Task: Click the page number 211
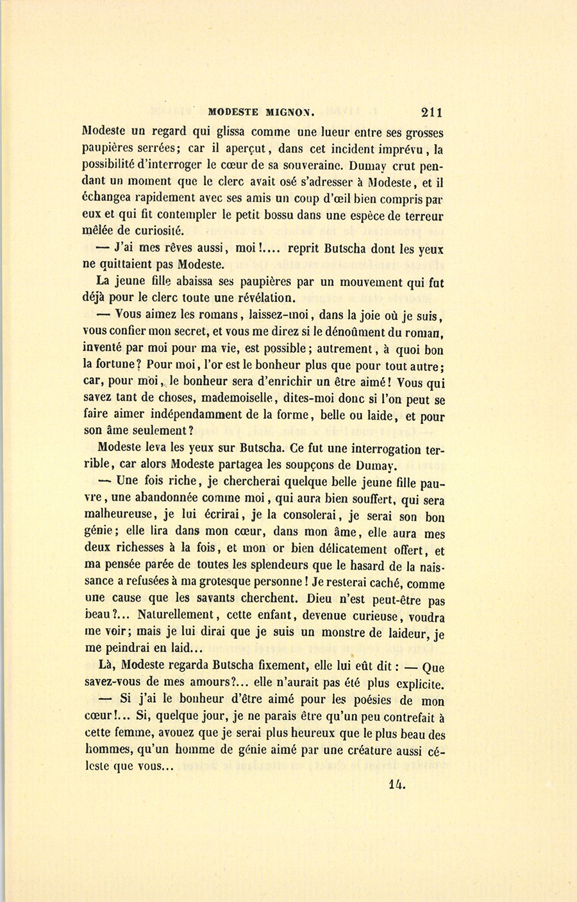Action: click(431, 112)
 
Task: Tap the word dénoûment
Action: click(353, 332)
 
